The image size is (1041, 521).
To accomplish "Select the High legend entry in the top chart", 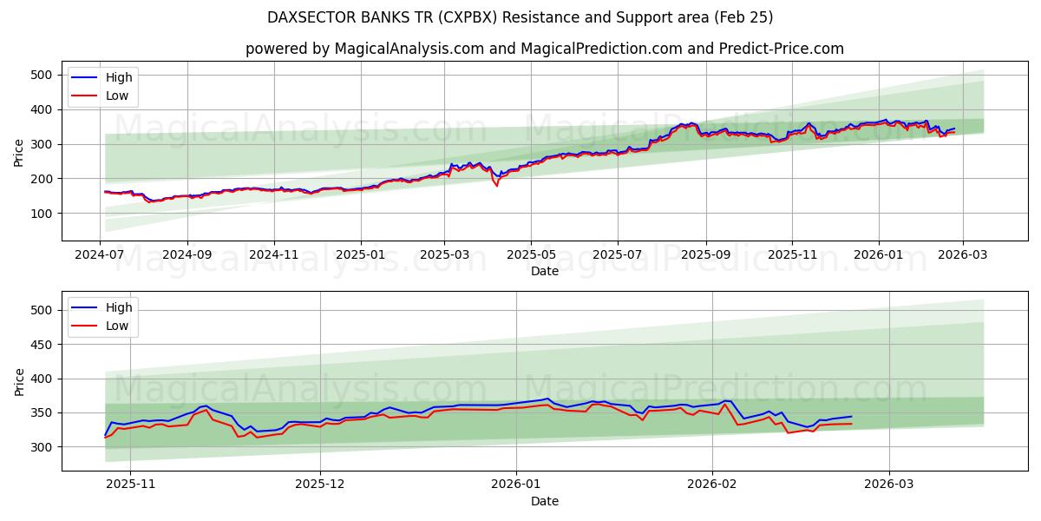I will tap(119, 77).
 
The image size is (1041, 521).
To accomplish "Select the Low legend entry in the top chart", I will tap(117, 96).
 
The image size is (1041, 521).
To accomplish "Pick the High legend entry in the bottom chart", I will tap(119, 307).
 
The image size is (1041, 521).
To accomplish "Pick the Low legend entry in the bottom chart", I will tap(117, 326).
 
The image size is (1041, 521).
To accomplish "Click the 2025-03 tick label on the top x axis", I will tap(444, 255).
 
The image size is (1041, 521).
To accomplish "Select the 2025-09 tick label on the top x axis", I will tap(705, 255).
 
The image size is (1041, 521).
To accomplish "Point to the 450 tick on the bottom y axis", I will tap(44, 345).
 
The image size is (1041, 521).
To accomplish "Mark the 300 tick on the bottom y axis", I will tap(44, 447).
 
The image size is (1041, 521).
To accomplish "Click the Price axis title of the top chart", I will tap(19, 153).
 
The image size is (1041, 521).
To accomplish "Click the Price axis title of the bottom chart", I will tap(19, 382).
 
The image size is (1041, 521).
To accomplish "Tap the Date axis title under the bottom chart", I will tap(545, 501).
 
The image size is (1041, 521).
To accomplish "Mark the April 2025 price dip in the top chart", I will tap(497, 184).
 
